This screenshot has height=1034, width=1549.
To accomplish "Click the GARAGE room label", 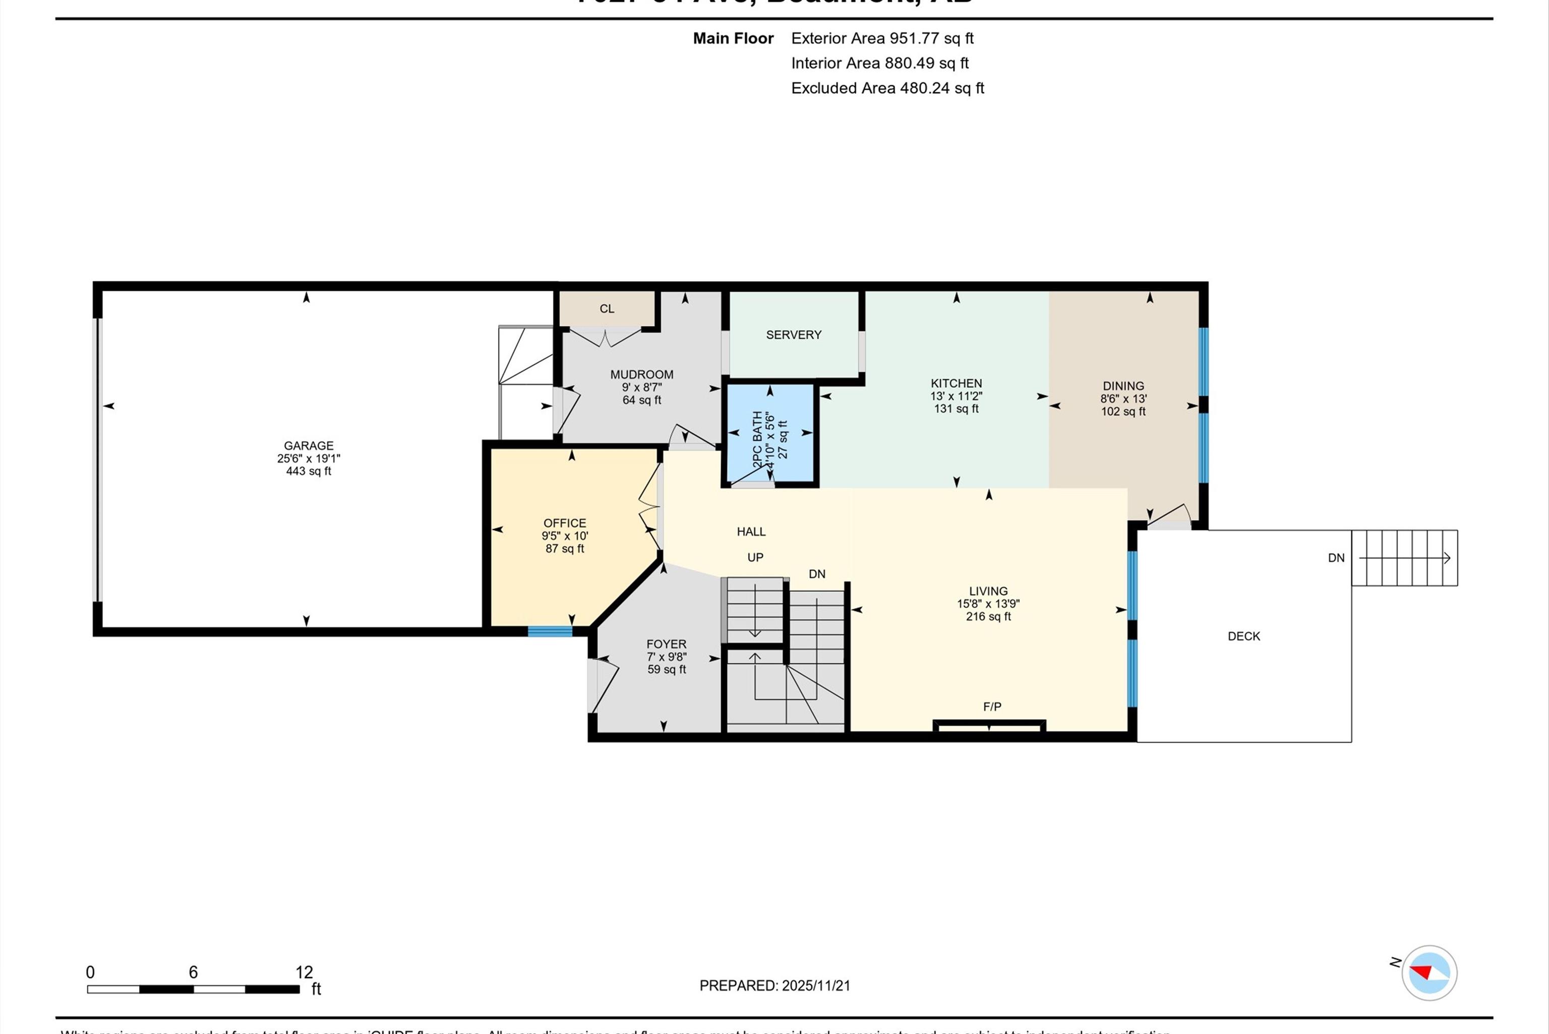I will click(308, 446).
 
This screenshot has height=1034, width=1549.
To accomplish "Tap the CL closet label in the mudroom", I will click(607, 308).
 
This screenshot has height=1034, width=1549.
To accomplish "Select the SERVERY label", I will click(794, 335).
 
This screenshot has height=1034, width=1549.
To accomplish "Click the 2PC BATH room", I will click(770, 435).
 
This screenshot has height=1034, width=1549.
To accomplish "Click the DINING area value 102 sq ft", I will click(1123, 412).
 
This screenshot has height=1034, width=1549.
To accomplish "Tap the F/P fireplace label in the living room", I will click(991, 707).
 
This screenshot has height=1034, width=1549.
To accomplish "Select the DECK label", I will click(1243, 636).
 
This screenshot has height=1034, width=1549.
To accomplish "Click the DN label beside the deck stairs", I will click(1336, 558).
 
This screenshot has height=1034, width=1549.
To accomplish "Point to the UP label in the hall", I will click(755, 558).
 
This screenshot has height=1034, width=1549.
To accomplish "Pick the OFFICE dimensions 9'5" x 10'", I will click(565, 536).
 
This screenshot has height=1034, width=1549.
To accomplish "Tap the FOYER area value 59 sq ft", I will click(666, 669).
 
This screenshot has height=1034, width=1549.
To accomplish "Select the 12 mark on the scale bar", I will click(304, 972).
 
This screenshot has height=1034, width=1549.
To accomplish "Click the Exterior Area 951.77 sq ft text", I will click(882, 38).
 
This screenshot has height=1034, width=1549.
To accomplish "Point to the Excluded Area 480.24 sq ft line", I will click(887, 88).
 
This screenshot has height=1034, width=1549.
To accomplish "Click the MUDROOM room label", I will click(641, 374).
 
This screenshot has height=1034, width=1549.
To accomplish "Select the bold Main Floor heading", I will click(733, 38).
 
